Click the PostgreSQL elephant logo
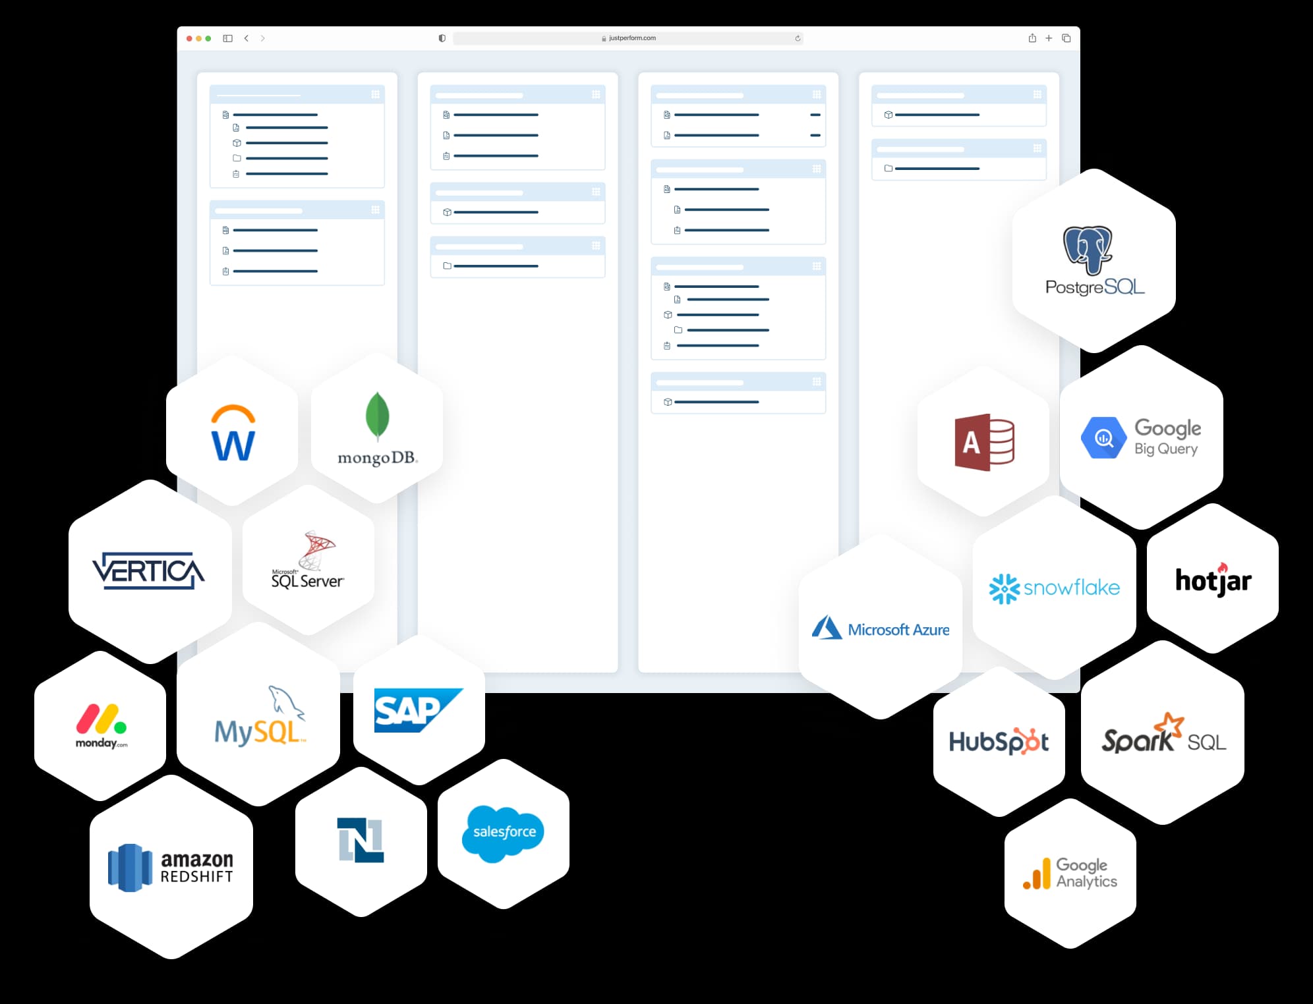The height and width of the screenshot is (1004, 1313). (x=1088, y=250)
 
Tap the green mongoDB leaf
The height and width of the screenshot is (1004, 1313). (x=377, y=416)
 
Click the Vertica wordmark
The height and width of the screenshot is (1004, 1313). (x=148, y=571)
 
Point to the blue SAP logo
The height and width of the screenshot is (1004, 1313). (x=418, y=710)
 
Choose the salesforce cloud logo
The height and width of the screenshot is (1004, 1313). (x=504, y=833)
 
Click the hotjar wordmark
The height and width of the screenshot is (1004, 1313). (x=1213, y=580)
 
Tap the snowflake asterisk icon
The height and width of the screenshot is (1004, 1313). (x=1005, y=588)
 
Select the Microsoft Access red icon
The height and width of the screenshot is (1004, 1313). (x=984, y=442)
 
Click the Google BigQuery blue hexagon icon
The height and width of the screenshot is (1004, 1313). (x=1103, y=438)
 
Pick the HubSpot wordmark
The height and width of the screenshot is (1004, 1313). (x=999, y=742)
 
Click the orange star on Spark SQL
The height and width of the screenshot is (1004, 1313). (x=1173, y=724)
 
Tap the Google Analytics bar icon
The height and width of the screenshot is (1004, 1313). (x=1037, y=874)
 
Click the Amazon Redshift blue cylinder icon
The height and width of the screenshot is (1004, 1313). (x=130, y=868)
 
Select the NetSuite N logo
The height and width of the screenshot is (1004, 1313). (x=361, y=840)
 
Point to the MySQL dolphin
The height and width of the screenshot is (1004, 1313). (x=286, y=702)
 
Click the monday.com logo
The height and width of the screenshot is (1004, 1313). (x=101, y=725)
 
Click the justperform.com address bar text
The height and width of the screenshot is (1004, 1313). (x=631, y=38)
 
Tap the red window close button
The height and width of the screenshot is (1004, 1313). (x=189, y=39)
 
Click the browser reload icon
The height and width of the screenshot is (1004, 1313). (x=798, y=38)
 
